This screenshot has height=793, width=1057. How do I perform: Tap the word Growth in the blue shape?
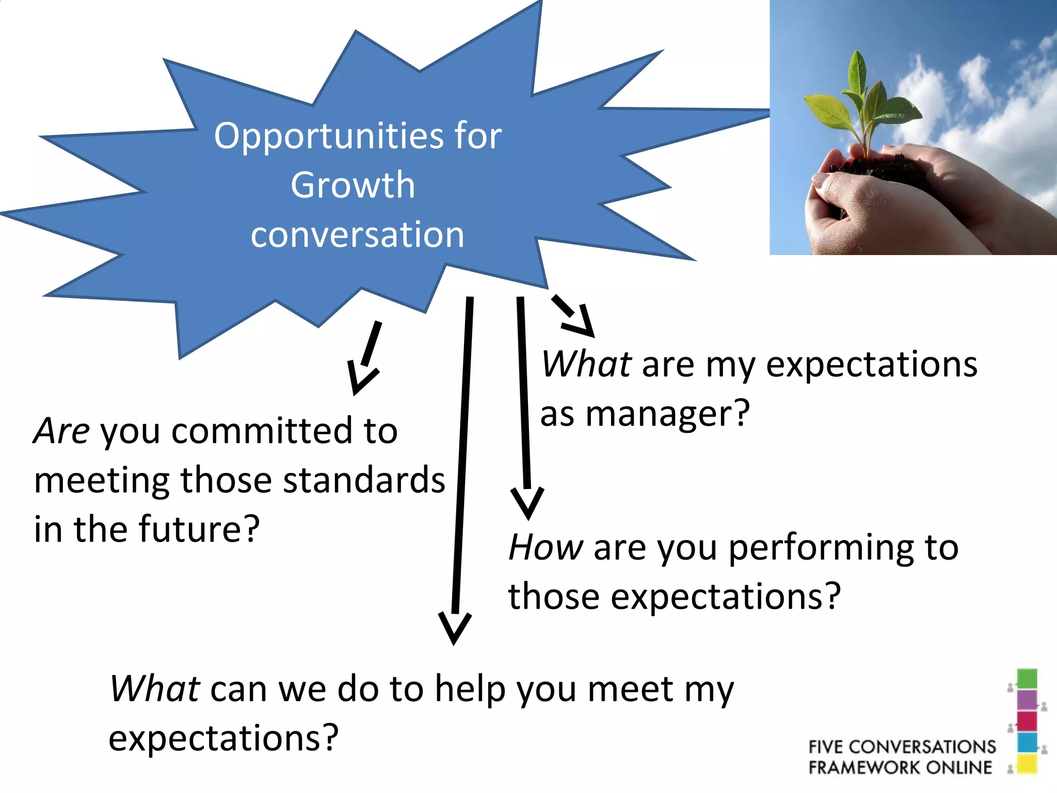[x=353, y=185]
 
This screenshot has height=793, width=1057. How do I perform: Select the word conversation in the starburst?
[x=357, y=234]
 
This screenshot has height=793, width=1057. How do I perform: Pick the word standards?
[x=364, y=480]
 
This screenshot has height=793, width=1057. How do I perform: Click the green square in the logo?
[x=1027, y=679]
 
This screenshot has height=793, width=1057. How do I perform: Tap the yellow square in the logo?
[x=1027, y=764]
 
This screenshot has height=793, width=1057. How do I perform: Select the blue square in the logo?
[x=1027, y=742]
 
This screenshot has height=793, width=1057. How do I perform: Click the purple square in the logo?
[x=1027, y=700]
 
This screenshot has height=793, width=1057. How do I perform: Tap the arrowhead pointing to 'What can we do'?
[x=454, y=627]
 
